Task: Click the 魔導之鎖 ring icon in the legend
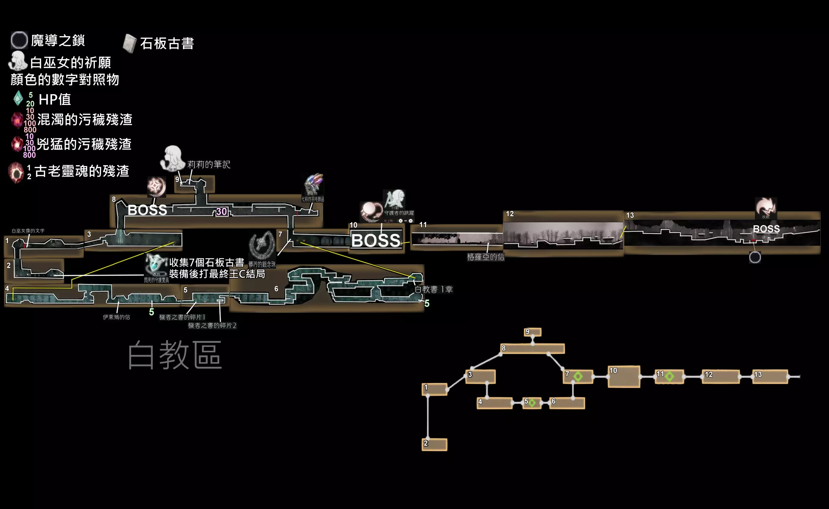[19, 40]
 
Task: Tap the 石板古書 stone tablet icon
[129, 43]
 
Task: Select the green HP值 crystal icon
[18, 98]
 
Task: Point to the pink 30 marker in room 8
[222, 211]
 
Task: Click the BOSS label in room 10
[376, 240]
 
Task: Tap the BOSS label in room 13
[766, 229]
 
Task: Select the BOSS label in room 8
[148, 210]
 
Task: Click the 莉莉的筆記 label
[209, 164]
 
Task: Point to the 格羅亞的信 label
[486, 257]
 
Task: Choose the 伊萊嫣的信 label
[117, 317]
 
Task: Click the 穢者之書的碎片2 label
[212, 326]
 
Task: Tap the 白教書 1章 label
[434, 289]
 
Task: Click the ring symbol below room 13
[755, 257]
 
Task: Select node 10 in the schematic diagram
[624, 377]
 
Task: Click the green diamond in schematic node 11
[670, 376]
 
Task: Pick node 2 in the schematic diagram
[434, 444]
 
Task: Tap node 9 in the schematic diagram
[532, 332]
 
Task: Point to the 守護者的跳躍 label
[399, 213]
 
